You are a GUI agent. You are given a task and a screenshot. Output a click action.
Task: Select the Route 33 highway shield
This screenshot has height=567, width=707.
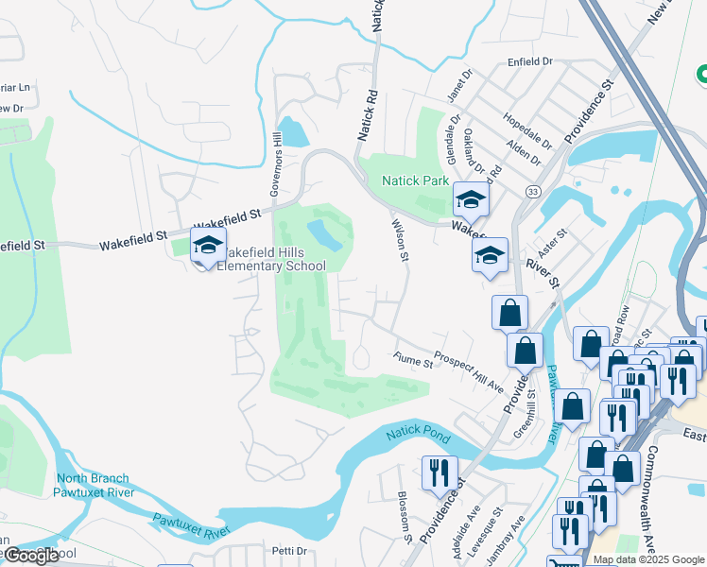pyautogui.click(x=534, y=192)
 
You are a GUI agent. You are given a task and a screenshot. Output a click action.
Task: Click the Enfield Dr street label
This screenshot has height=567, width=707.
pyautogui.click(x=529, y=61)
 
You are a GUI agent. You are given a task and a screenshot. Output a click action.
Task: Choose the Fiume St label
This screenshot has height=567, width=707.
pyautogui.click(x=412, y=359)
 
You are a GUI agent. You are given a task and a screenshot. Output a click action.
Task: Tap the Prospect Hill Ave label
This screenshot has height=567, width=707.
pyautogui.click(x=468, y=371)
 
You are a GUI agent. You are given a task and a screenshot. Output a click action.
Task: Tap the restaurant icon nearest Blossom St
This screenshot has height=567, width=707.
pyautogui.click(x=439, y=472)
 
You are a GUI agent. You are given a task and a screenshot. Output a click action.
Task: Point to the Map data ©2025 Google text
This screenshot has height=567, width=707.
pyautogui.click(x=647, y=559)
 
